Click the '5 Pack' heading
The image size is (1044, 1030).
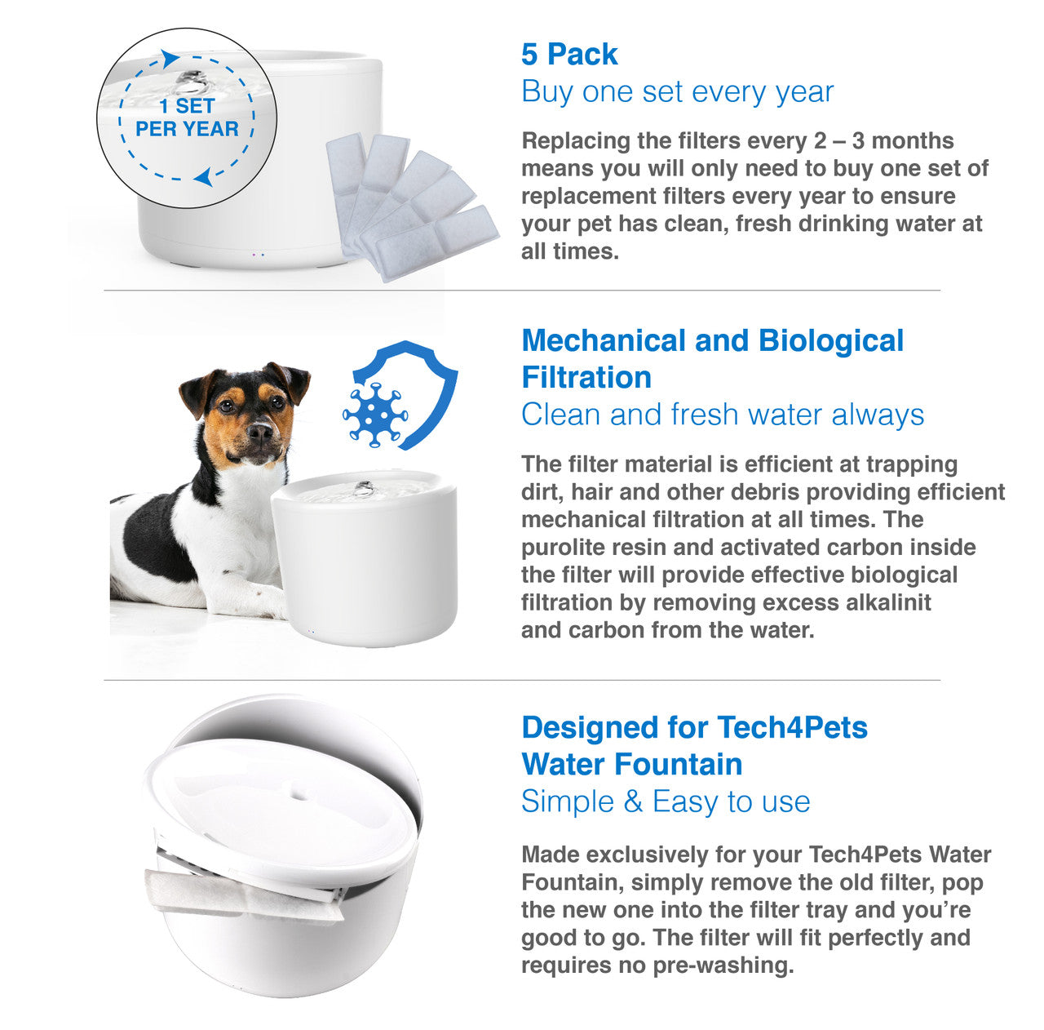(569, 55)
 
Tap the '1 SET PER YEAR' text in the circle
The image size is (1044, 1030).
(187, 118)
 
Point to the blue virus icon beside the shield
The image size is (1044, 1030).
(374, 414)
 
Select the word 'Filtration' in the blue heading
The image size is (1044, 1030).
(586, 378)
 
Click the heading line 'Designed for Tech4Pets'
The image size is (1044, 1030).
(694, 727)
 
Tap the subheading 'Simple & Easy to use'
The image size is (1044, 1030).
(666, 801)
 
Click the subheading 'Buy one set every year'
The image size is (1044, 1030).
(677, 91)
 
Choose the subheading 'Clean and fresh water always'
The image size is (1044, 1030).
(723, 415)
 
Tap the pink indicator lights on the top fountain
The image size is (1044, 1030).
(259, 255)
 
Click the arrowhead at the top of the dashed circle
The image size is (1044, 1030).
(170, 58)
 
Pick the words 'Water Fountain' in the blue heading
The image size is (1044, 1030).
(632, 765)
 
